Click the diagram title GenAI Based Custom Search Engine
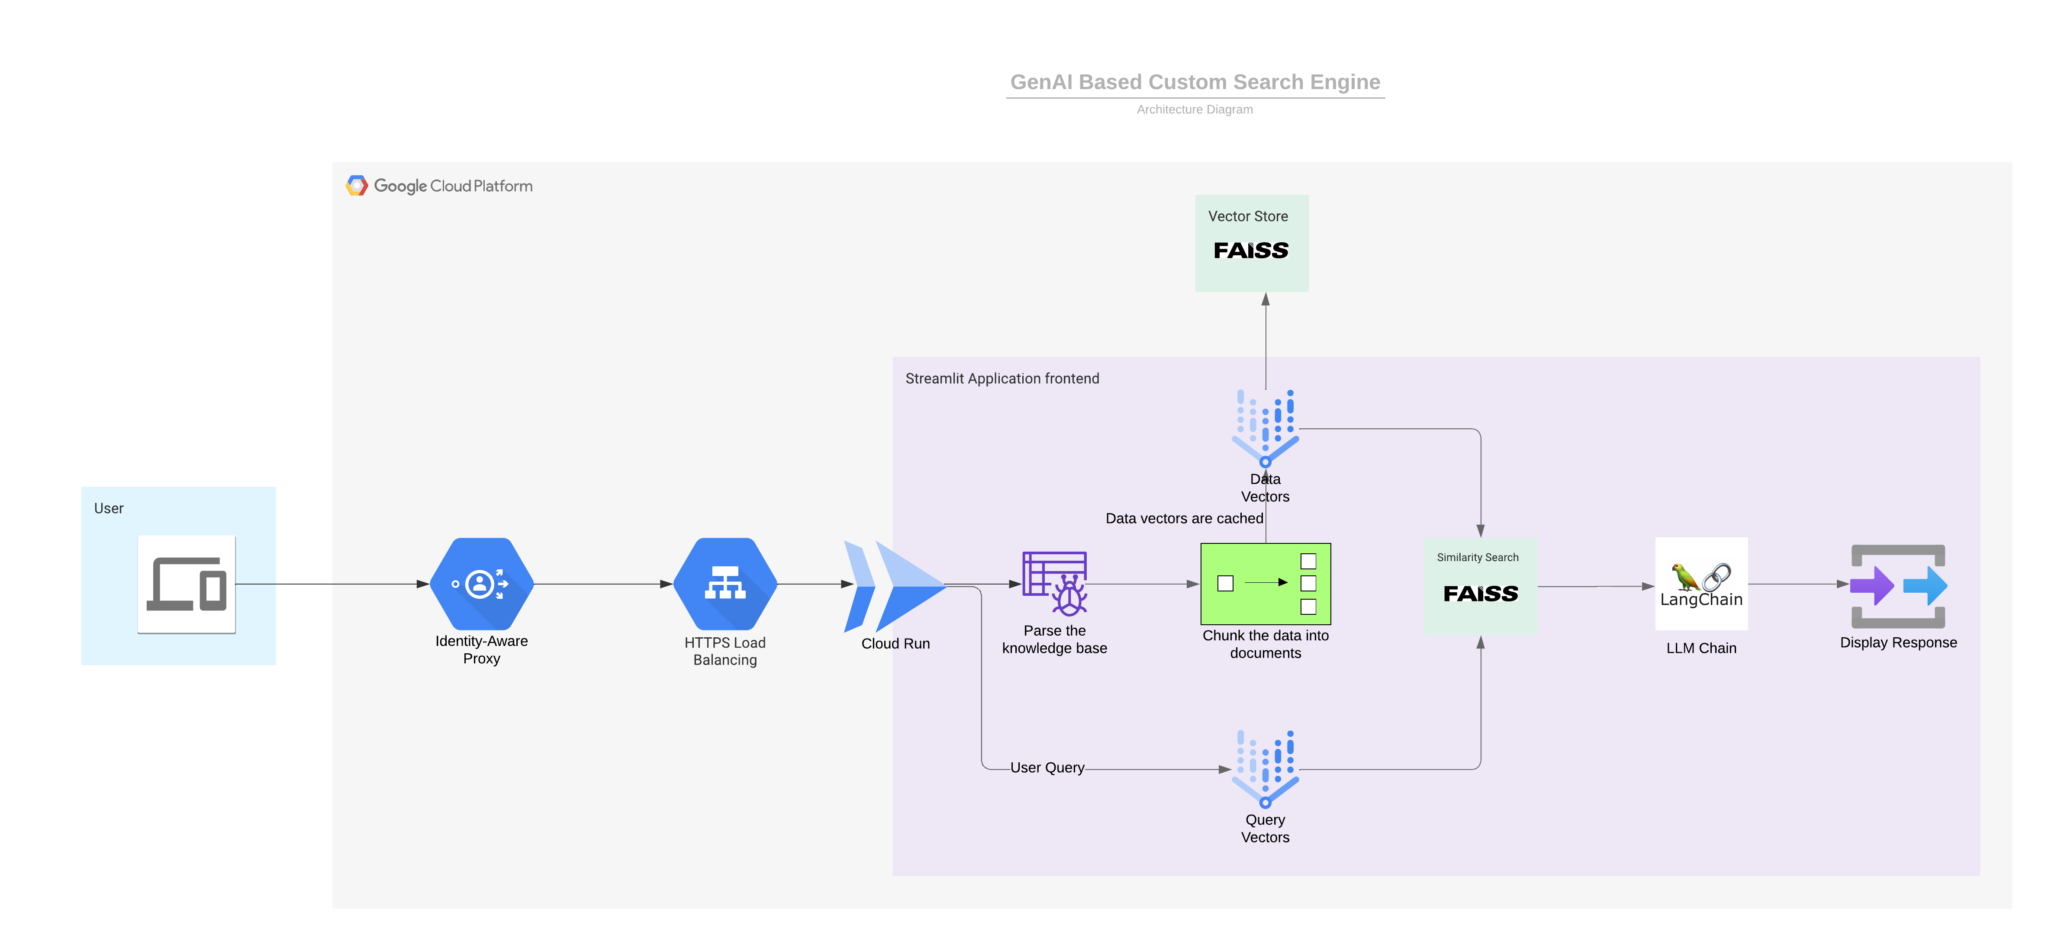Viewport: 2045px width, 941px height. pos(1195,83)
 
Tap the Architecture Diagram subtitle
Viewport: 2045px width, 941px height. pos(1195,109)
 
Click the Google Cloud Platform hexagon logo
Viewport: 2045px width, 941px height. pos(357,186)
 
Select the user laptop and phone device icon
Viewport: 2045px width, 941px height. pos(187,584)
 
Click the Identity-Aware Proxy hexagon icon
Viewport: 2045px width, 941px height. pos(481,584)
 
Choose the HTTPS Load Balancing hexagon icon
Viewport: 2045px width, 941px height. pos(725,584)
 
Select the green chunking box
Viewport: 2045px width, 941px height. pos(1266,584)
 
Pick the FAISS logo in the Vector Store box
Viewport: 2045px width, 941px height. pos(1251,251)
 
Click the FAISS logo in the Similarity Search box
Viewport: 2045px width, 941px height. pos(1481,594)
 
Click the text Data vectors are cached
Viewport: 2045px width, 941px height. pos(1184,519)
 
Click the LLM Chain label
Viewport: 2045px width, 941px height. pos(1701,648)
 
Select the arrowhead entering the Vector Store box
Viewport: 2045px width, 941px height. pos(1266,299)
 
